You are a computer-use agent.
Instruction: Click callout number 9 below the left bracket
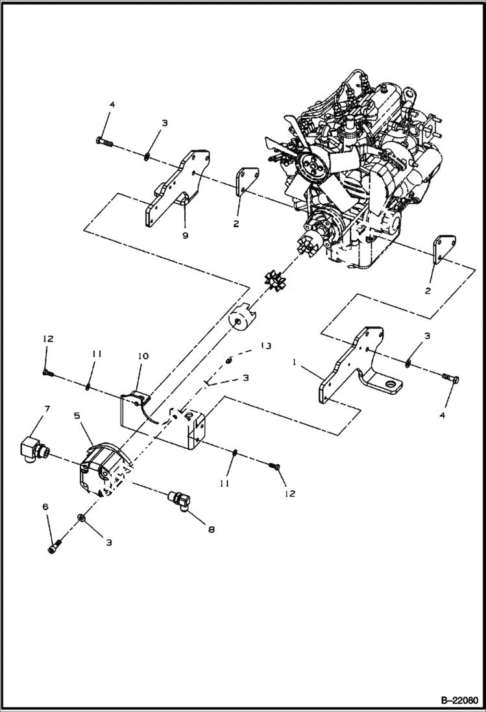pos(185,236)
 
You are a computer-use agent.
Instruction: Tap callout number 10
pos(143,356)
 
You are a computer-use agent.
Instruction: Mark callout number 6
pos(46,521)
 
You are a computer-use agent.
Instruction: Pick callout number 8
pos(210,529)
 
